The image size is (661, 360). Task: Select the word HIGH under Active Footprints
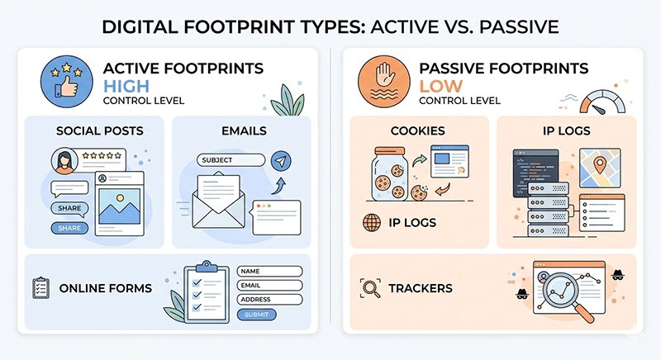click(x=125, y=87)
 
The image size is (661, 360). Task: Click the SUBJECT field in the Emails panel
click(x=231, y=160)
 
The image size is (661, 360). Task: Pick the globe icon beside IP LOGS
click(x=372, y=223)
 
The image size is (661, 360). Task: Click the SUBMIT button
click(x=257, y=315)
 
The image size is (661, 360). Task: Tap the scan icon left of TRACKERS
click(x=372, y=288)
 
